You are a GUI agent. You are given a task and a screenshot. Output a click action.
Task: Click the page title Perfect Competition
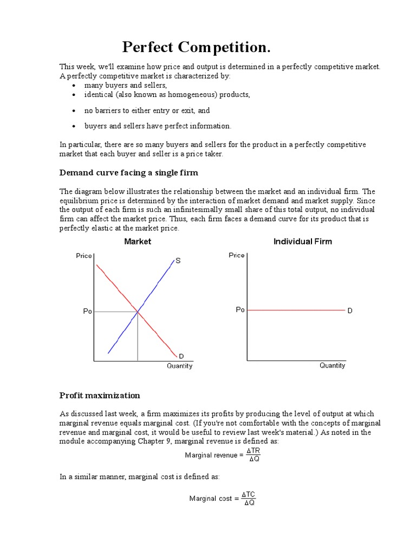[x=196, y=47]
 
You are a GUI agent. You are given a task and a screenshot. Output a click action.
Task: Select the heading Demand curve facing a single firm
[x=128, y=173]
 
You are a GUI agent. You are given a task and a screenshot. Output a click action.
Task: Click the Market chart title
[x=138, y=242]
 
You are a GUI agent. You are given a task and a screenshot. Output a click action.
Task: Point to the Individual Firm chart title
[x=302, y=242]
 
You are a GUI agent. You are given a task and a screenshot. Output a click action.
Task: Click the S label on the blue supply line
[x=178, y=261]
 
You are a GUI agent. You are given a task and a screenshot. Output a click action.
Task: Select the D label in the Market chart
[x=181, y=356]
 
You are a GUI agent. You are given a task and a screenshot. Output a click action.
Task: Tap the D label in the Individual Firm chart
[x=350, y=311]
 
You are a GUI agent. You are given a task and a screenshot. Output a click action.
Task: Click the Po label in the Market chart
[x=87, y=312]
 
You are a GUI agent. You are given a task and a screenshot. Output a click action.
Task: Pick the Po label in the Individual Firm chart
[x=240, y=310]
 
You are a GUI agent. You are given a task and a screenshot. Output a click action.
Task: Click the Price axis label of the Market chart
[x=84, y=255]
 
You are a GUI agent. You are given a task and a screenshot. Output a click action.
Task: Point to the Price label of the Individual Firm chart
[x=237, y=255]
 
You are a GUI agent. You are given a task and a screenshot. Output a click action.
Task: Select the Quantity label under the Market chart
[x=179, y=366]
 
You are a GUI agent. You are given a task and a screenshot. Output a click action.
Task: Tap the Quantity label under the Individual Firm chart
[x=332, y=365]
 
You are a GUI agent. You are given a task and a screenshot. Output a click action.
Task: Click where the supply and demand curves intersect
[x=138, y=311]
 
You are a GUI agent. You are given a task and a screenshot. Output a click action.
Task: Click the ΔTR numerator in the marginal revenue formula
[x=253, y=450]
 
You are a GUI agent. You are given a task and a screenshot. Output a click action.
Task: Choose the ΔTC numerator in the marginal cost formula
[x=249, y=494]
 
